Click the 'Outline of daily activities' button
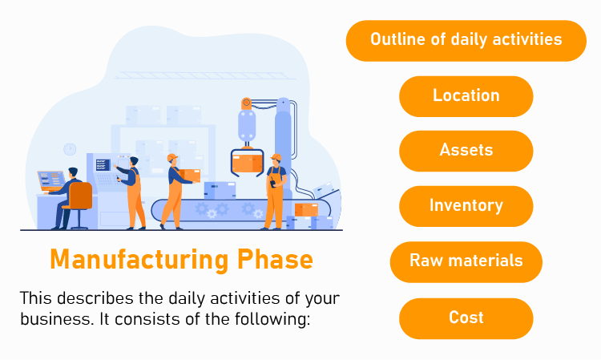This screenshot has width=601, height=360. pyautogui.click(x=466, y=40)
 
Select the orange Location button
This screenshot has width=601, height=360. pyautogui.click(x=466, y=95)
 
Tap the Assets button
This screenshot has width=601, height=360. pyautogui.click(x=466, y=150)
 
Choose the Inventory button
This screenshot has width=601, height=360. pyautogui.click(x=466, y=205)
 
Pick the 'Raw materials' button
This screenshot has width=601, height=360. pyautogui.click(x=466, y=261)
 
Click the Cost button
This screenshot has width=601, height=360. pyautogui.click(x=466, y=318)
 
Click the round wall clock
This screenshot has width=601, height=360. pyautogui.click(x=70, y=149)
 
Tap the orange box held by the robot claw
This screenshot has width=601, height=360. pyautogui.click(x=248, y=163)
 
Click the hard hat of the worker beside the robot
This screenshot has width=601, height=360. pyautogui.click(x=276, y=157)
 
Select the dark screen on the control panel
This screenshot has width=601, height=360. pyautogui.click(x=103, y=164)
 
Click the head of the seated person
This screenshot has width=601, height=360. pyautogui.click(x=73, y=172)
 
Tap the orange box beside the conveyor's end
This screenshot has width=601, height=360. pyautogui.click(x=305, y=210)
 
